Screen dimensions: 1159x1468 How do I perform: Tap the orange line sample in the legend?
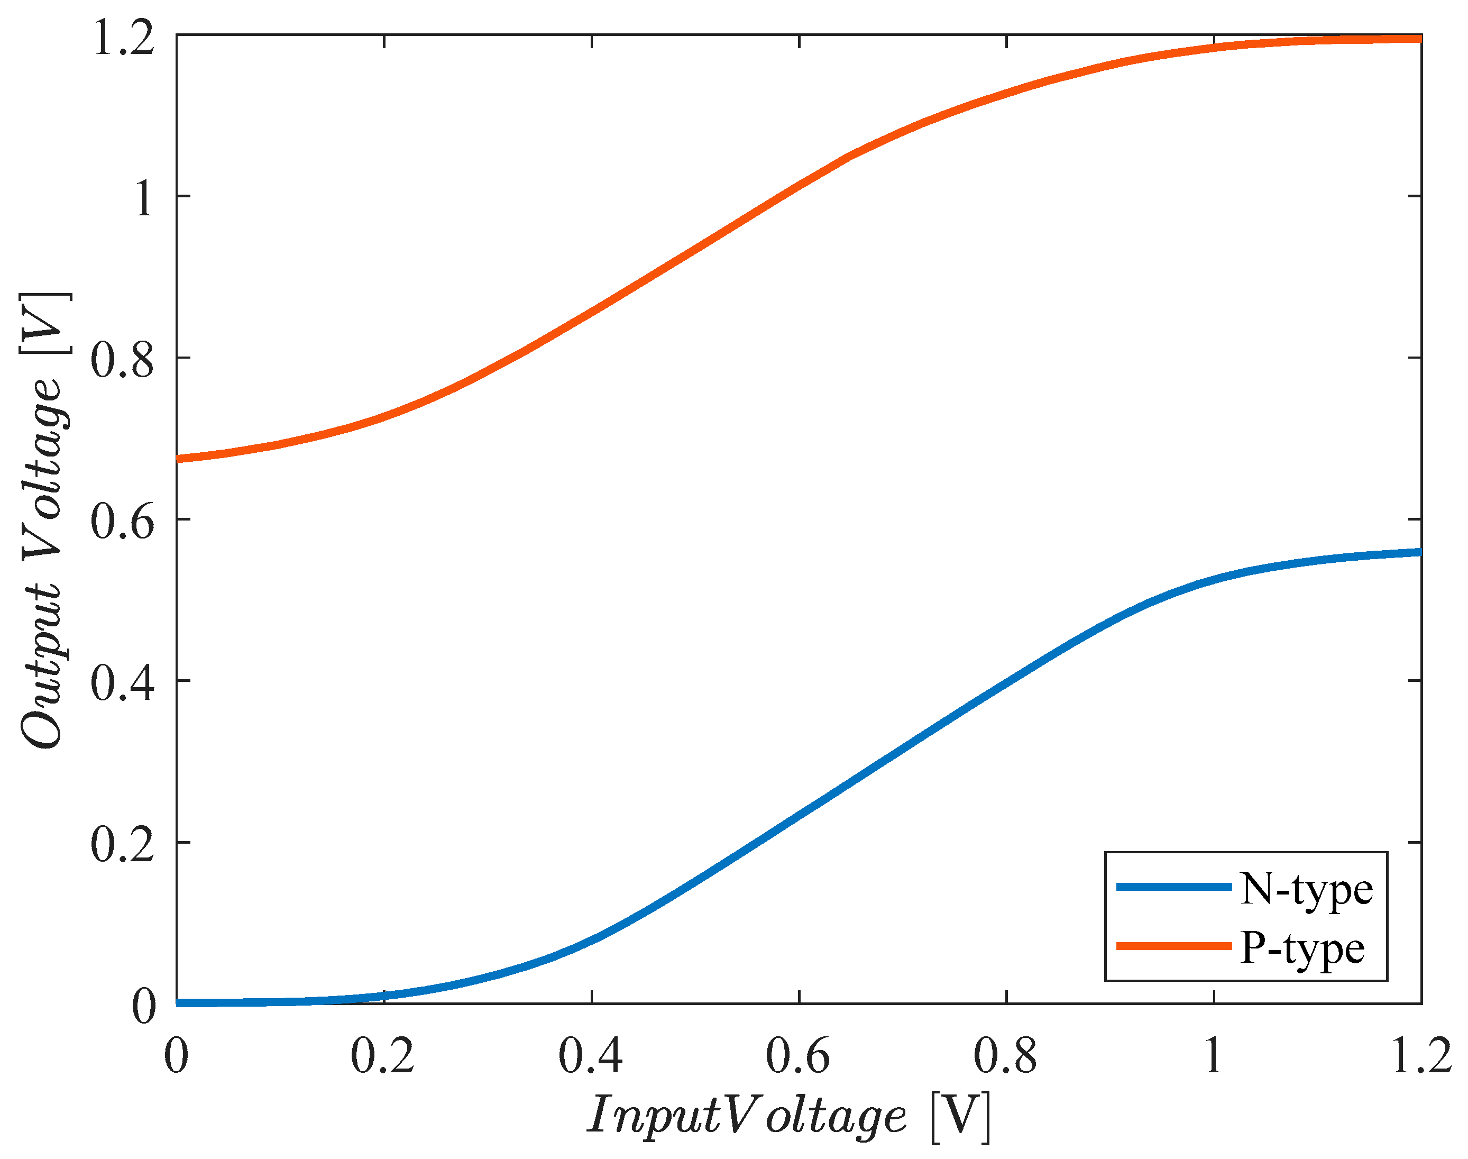(x=1173, y=946)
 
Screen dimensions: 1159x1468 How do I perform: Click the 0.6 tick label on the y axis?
(x=122, y=521)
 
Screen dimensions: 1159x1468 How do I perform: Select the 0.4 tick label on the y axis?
(x=122, y=682)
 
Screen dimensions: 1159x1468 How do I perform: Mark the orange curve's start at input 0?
(x=178, y=459)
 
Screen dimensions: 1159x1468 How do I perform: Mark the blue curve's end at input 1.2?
(x=1419, y=552)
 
